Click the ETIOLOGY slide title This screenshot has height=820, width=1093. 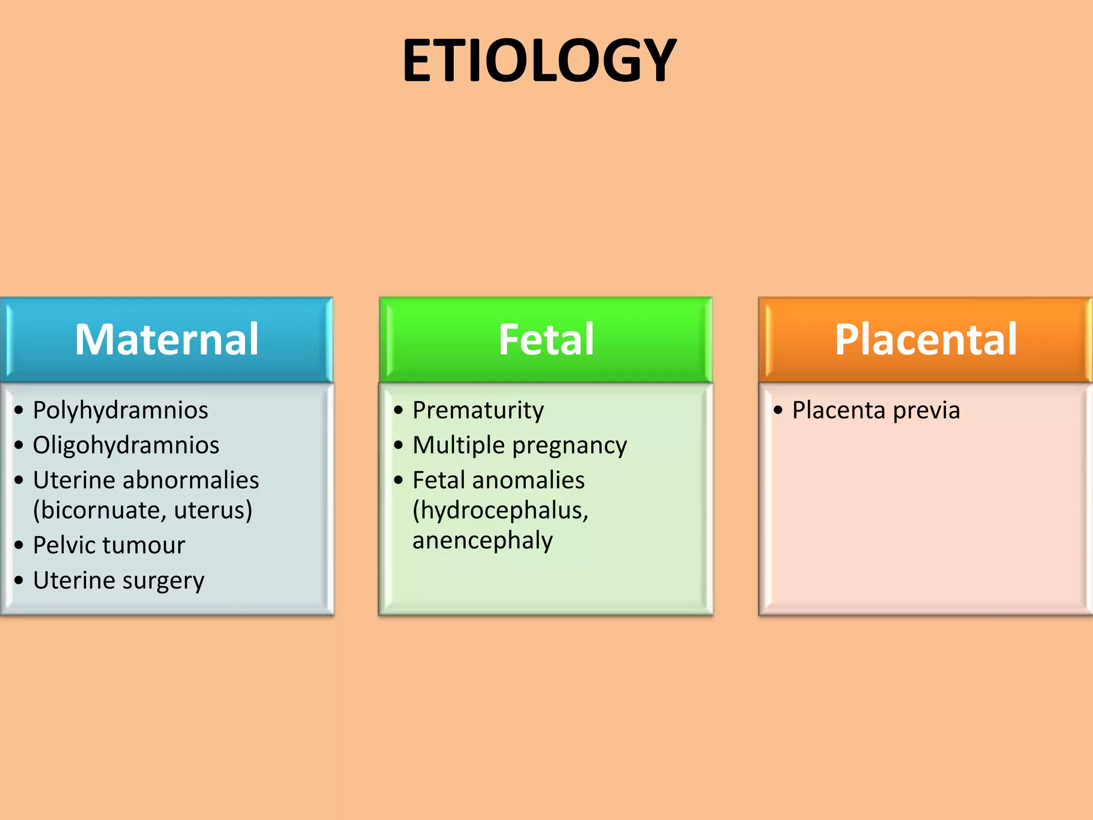(x=539, y=61)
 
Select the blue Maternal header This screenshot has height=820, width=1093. (x=167, y=340)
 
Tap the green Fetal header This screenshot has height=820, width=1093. (x=545, y=340)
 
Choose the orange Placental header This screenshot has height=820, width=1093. (x=925, y=340)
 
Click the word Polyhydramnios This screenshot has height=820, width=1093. (x=120, y=411)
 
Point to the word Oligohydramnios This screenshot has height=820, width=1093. (x=126, y=445)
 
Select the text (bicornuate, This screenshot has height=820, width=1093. (x=99, y=510)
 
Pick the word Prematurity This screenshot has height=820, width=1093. (x=478, y=411)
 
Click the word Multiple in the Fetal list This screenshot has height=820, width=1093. (x=458, y=445)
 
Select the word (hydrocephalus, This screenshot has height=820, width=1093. (x=500, y=511)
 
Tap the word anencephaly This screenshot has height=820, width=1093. (x=482, y=541)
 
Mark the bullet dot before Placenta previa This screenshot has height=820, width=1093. (x=778, y=411)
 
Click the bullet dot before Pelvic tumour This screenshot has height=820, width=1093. (x=19, y=546)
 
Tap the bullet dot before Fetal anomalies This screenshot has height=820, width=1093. (x=399, y=480)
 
